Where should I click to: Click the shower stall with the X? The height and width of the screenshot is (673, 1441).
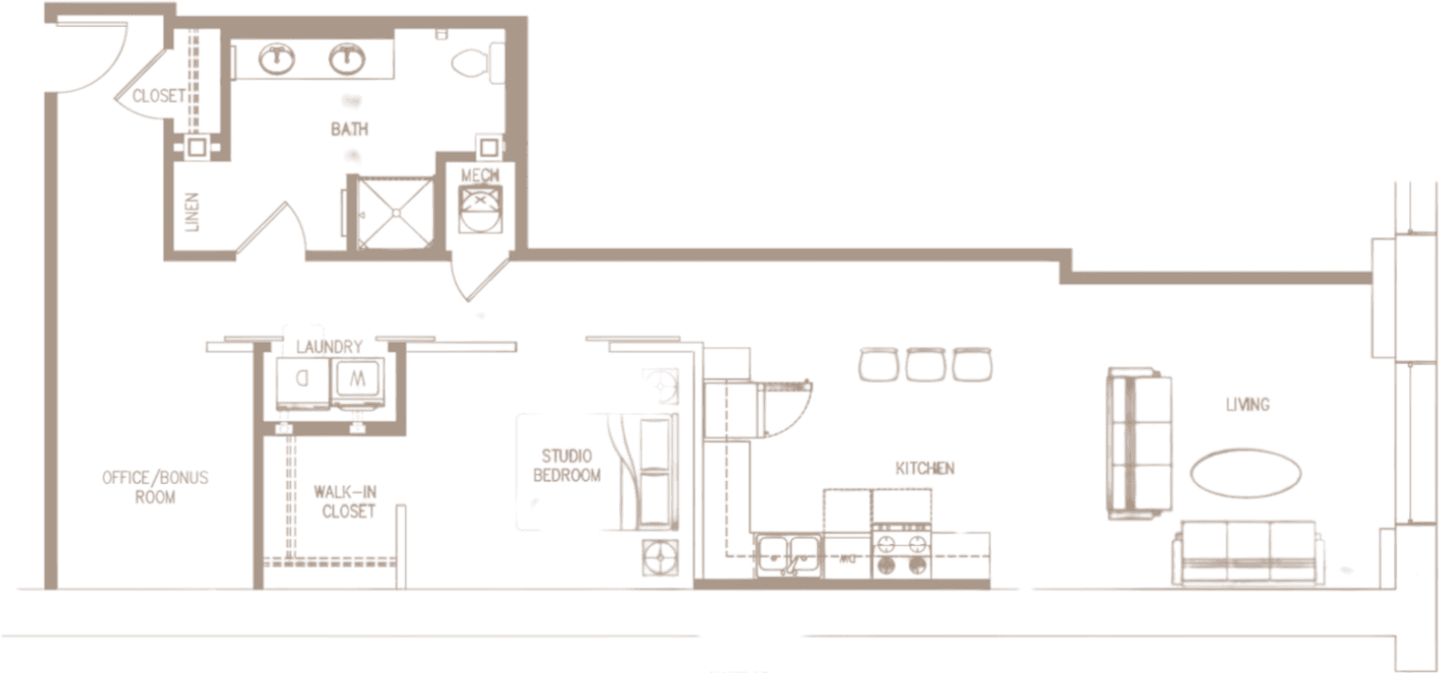coord(395,210)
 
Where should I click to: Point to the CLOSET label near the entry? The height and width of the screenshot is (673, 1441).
coord(158,96)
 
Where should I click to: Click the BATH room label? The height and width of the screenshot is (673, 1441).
coord(350,128)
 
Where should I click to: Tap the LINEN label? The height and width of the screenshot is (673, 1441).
coord(191,212)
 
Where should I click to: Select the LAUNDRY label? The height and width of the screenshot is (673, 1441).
coord(328,347)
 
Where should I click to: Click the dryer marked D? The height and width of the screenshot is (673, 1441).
coord(302,378)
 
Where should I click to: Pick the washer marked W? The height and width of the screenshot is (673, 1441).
coord(356,378)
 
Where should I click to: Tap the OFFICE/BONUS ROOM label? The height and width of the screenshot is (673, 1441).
coord(156,487)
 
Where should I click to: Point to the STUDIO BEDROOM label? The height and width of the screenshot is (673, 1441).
coord(566,465)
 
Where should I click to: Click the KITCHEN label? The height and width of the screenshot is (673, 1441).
coord(925,469)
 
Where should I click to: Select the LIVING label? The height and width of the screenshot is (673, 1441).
coord(1247,405)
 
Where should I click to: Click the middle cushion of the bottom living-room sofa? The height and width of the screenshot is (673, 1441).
coord(1247,543)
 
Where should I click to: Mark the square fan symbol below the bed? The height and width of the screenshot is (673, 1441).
coord(660,558)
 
